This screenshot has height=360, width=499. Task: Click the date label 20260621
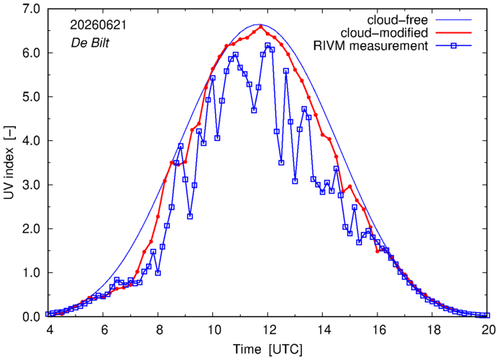point(99,25)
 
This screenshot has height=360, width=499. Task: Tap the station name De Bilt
point(90,42)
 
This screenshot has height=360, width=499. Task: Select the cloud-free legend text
point(398,20)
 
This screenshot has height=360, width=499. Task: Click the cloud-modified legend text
point(384,33)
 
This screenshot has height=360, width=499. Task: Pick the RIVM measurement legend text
point(371,46)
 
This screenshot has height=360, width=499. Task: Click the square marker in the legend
point(454,46)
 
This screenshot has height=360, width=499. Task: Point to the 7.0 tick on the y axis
point(31,9)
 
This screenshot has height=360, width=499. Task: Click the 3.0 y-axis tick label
point(31,185)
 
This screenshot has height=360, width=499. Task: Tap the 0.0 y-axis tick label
point(31,317)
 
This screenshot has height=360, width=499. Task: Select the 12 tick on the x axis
point(268,330)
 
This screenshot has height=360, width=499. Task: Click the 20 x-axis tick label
point(487,330)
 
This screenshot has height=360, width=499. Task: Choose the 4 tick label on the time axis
point(50,330)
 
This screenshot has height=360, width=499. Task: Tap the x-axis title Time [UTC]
point(267,349)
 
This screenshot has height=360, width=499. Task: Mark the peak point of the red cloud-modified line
point(261,27)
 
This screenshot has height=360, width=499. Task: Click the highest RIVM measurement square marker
point(267,45)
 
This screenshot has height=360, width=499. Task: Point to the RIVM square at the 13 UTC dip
point(295,181)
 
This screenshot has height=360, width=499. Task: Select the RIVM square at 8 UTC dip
point(158,273)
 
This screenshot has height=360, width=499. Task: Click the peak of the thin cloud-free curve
point(259,24)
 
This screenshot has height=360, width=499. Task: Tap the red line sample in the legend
point(454,33)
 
